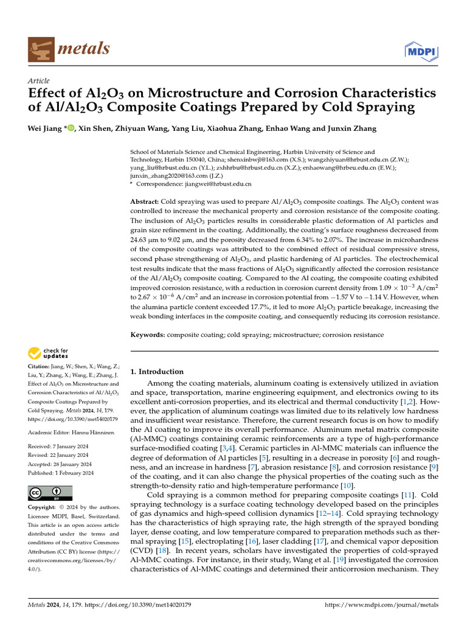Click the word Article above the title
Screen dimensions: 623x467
tap(39, 81)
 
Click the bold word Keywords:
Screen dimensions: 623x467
tap(148, 335)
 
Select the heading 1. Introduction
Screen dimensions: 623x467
tap(157, 372)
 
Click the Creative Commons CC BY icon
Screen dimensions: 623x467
tap(50, 492)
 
